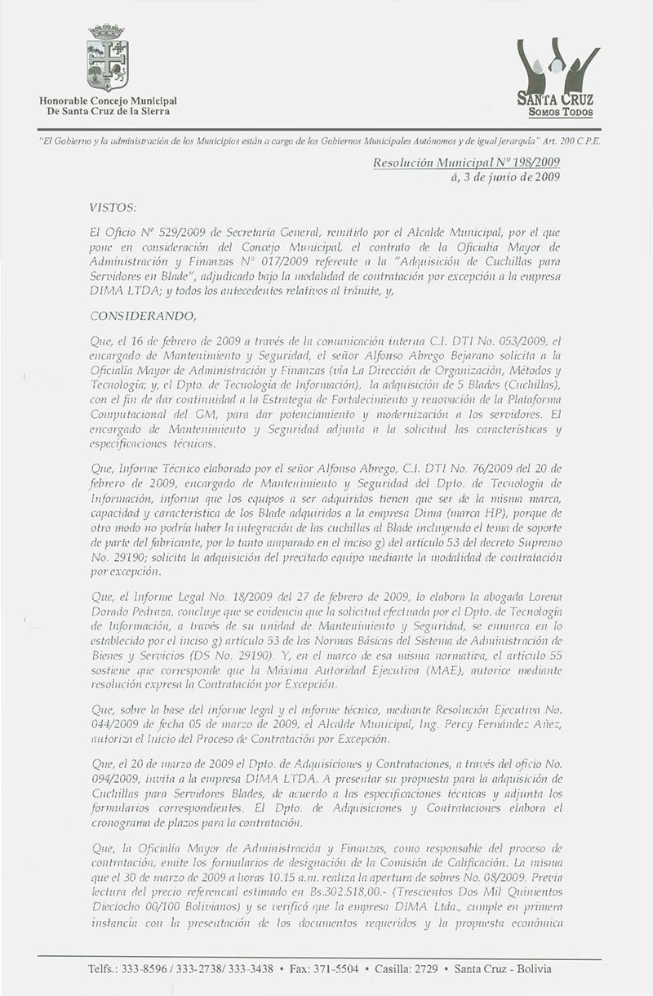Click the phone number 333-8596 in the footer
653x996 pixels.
pyautogui.click(x=146, y=969)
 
